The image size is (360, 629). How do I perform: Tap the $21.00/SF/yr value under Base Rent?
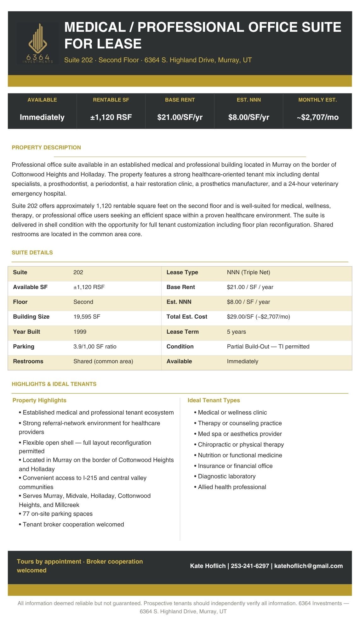(180, 117)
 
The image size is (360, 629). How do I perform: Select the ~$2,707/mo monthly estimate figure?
(317, 117)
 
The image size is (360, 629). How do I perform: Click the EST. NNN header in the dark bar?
(249, 100)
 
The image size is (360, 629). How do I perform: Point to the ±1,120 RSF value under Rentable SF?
(111, 117)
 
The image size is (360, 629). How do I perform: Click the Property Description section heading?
(46, 148)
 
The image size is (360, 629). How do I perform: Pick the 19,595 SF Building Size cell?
(87, 317)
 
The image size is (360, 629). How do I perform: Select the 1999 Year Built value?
(80, 332)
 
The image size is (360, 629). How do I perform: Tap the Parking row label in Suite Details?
(24, 347)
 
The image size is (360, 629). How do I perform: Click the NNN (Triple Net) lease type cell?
(249, 272)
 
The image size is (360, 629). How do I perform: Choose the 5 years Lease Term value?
(237, 332)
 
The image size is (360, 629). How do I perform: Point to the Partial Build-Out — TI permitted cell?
(268, 347)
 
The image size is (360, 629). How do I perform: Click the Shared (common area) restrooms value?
(103, 361)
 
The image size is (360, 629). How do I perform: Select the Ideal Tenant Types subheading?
(214, 400)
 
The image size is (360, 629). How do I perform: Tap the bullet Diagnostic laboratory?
(227, 476)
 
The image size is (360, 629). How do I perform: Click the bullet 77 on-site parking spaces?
(58, 514)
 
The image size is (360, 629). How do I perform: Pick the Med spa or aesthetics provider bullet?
(240, 434)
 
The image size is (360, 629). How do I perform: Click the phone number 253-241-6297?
(250, 566)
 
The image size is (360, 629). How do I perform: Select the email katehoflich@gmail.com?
(308, 566)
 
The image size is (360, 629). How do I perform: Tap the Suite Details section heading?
(32, 253)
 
